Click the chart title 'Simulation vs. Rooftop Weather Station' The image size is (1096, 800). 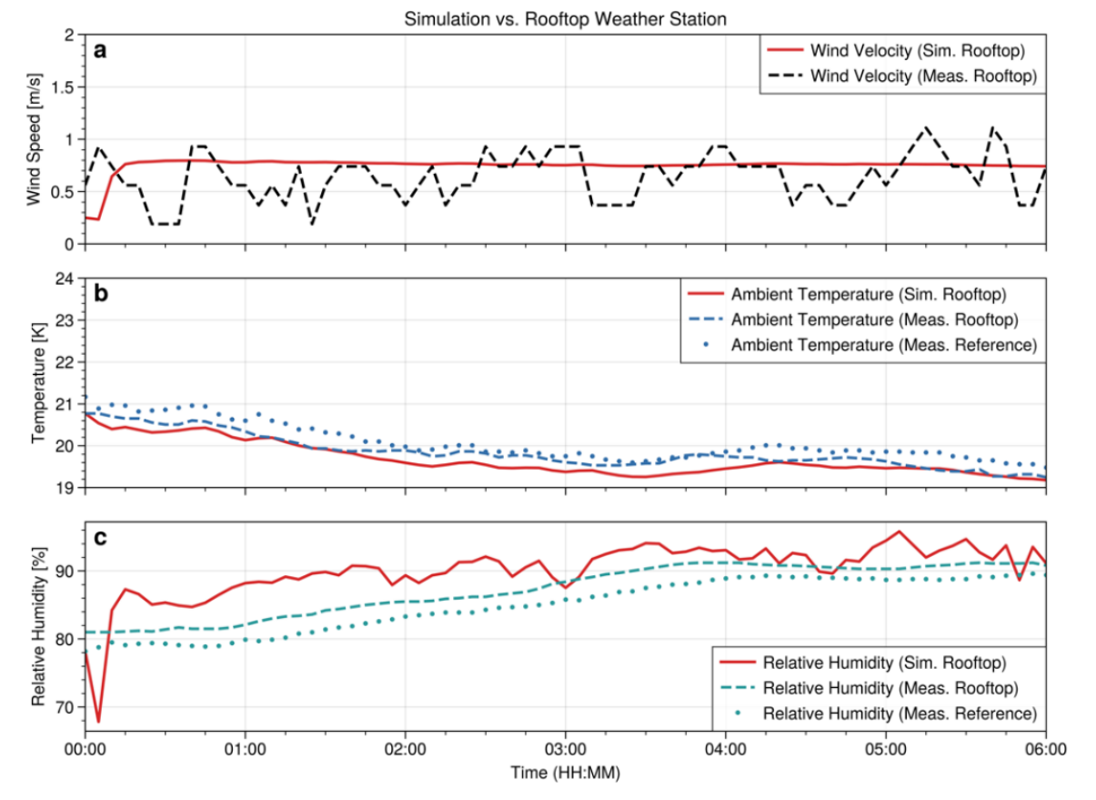click(x=565, y=18)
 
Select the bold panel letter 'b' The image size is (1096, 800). click(x=101, y=294)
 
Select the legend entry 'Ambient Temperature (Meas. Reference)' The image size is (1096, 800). click(x=883, y=345)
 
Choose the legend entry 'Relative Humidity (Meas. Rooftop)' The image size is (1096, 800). click(x=889, y=686)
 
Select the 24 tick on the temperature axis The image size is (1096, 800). click(x=65, y=279)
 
